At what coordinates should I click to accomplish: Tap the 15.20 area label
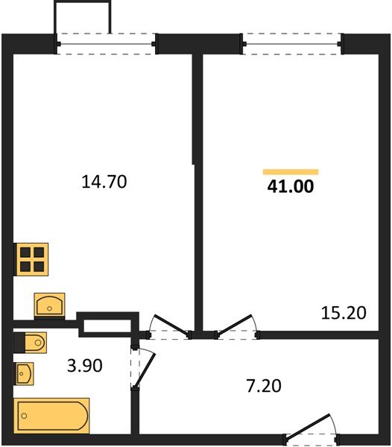click(x=344, y=313)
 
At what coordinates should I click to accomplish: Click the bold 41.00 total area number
click(x=291, y=187)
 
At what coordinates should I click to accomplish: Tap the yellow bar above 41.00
click(x=291, y=171)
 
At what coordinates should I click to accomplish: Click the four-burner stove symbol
click(x=32, y=261)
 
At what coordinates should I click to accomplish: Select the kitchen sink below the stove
click(x=49, y=305)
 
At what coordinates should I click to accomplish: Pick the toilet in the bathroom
click(x=31, y=342)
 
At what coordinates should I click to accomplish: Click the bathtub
click(x=51, y=414)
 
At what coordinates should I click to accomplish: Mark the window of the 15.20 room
click(x=293, y=43)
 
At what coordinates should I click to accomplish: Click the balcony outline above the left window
click(x=83, y=16)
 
